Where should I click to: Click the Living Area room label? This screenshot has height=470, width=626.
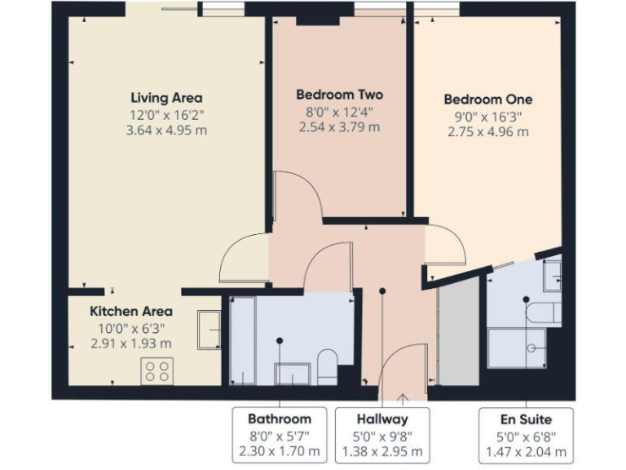pos(166,99)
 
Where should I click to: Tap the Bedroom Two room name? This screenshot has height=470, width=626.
pos(339,95)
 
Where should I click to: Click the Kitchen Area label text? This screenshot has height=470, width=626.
pos(130,311)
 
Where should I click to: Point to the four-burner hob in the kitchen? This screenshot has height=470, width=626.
pos(156,371)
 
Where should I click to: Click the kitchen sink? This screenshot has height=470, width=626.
pos(209,330)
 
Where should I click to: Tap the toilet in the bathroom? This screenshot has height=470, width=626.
pos(327,366)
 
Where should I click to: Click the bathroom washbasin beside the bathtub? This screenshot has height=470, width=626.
pos(291,374)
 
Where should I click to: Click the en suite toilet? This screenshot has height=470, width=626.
pos(543,313)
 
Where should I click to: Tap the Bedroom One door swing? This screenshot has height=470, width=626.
pos(445,244)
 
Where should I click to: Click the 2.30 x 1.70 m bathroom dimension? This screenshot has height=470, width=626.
pos(280,450)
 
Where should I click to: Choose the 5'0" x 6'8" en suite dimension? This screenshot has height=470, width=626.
pos(525,436)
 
